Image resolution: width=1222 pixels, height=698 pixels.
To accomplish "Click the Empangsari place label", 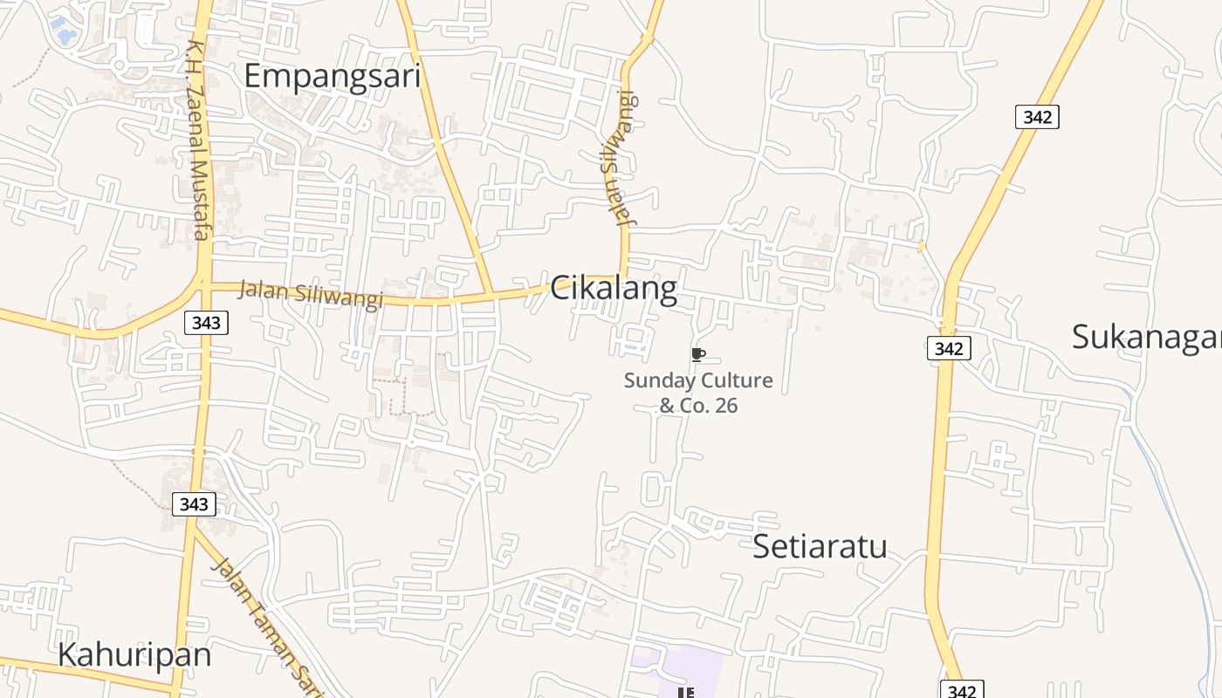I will [332, 76].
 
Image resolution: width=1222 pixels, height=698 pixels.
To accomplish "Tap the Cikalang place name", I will [613, 288].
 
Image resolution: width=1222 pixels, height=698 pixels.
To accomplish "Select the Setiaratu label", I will [819, 546].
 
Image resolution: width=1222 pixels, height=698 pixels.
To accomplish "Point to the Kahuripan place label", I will [134, 654].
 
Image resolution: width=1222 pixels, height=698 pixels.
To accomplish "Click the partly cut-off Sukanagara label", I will [1146, 336].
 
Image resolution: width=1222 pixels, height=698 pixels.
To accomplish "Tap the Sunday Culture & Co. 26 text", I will [697, 393].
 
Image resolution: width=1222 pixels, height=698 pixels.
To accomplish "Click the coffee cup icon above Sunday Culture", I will [697, 353].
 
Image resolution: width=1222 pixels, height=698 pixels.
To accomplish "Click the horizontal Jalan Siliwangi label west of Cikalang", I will [310, 294].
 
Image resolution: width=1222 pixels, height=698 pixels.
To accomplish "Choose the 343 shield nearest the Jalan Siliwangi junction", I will [206, 323].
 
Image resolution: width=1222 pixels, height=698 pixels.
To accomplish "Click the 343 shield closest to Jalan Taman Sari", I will [193, 504].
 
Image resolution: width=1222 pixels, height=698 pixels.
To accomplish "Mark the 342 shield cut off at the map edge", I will [961, 690].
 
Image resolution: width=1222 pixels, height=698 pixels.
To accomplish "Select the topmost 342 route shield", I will [1037, 117].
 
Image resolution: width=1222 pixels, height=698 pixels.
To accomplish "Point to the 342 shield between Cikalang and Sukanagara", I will [948, 349].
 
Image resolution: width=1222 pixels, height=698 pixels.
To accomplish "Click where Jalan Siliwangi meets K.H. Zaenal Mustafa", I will [205, 283].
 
